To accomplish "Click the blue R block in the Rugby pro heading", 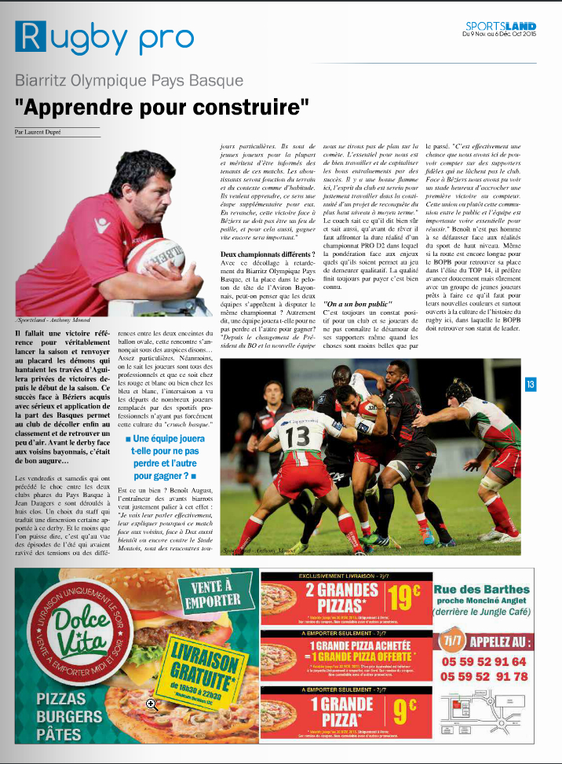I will coord(30,37).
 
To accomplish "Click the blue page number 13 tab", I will coord(531,384).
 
